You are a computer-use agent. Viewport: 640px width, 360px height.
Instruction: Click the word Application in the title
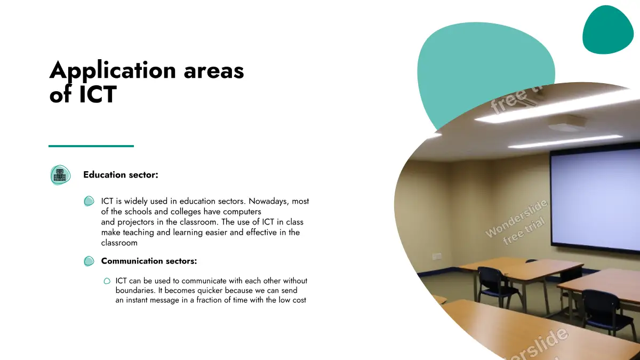(x=113, y=70)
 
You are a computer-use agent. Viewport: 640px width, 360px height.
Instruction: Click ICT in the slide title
(x=98, y=94)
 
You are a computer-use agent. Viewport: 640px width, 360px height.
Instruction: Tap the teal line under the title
(x=91, y=146)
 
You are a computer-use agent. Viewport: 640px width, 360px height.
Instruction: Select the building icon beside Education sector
(x=60, y=175)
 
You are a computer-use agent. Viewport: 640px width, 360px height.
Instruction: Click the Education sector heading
(x=121, y=174)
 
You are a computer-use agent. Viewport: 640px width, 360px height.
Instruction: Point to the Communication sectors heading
(x=149, y=261)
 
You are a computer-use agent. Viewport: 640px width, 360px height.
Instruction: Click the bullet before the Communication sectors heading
(x=89, y=261)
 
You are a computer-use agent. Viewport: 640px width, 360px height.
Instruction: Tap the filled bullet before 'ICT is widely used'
(x=89, y=201)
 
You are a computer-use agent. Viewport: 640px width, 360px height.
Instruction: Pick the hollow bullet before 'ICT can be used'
(x=107, y=281)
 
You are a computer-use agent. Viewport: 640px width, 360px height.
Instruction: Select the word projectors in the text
(x=136, y=222)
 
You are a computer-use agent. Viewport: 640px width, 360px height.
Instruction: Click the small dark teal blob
(x=607, y=30)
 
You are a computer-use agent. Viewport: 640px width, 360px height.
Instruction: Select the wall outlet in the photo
(x=437, y=257)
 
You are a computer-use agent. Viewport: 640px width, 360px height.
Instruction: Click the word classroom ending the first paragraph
(x=119, y=243)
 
